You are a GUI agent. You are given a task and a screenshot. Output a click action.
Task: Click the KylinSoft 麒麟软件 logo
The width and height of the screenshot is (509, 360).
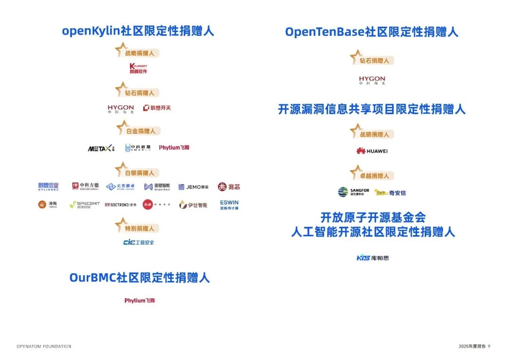pos(138,68)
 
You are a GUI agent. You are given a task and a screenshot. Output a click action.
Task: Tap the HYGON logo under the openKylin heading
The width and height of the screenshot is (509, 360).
pos(121,109)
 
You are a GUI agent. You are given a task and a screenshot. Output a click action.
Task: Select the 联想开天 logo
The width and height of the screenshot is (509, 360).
pos(157,108)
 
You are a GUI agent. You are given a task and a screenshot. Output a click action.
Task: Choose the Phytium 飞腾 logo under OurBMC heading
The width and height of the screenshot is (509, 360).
pos(140,300)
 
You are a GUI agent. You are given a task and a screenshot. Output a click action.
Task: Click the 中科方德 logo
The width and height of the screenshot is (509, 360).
pos(85,186)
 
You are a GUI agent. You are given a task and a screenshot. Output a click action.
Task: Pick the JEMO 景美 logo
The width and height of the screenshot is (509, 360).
pos(193,187)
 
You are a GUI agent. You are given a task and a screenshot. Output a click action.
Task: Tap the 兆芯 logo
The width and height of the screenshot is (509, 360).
pos(229,187)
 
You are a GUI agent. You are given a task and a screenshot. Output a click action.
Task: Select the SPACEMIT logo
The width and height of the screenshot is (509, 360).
pos(85,205)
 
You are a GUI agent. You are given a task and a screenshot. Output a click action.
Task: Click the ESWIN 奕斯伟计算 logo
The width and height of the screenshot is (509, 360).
pos(229,205)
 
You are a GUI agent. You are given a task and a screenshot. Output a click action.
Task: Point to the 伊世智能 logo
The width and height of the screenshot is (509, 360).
pos(193,205)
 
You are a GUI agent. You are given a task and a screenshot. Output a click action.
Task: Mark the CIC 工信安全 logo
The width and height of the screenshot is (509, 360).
pos(139,242)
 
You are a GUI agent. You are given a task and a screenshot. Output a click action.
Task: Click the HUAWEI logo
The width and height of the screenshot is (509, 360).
pos(372,151)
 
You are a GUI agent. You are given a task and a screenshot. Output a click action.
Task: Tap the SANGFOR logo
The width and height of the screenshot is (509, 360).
pos(353,192)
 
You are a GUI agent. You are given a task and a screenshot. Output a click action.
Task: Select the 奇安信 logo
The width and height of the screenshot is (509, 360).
pos(390,192)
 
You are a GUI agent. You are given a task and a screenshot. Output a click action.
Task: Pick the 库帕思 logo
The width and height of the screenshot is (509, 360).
pos(373,258)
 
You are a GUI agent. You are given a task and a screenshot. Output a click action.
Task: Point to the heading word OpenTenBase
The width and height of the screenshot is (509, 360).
pos(325,32)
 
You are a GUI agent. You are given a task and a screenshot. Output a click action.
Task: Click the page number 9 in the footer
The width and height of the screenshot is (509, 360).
pos(489,346)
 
